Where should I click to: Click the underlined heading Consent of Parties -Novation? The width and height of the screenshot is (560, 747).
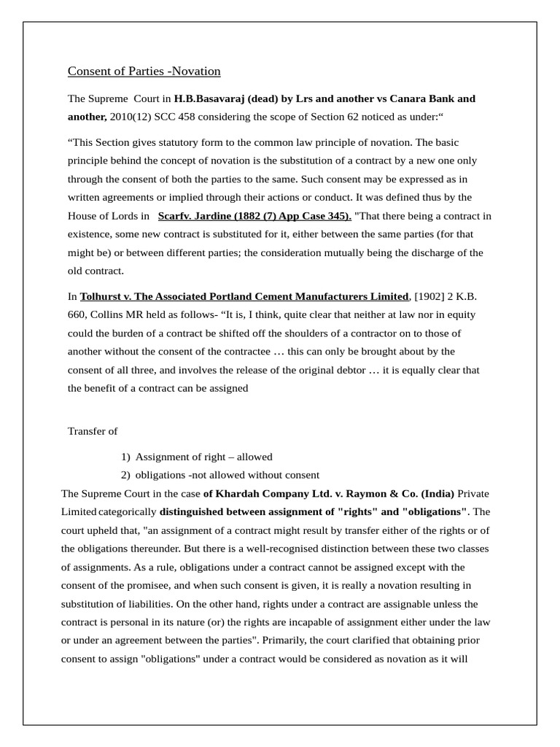[144, 71]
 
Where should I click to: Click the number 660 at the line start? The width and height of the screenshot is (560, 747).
[77, 314]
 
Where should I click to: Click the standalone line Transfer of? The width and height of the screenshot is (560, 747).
[93, 431]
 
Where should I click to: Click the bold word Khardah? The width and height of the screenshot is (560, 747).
[238, 493]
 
